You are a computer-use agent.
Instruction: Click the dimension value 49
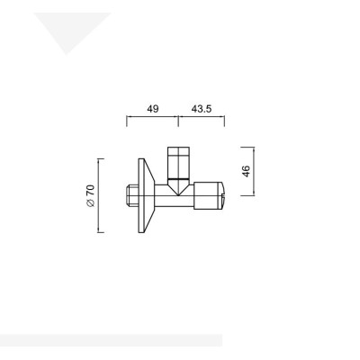(152, 109)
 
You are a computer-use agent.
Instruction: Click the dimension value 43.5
(202, 109)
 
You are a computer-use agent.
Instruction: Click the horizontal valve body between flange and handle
(166, 197)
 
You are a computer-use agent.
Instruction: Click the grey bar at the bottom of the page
(108, 340)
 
